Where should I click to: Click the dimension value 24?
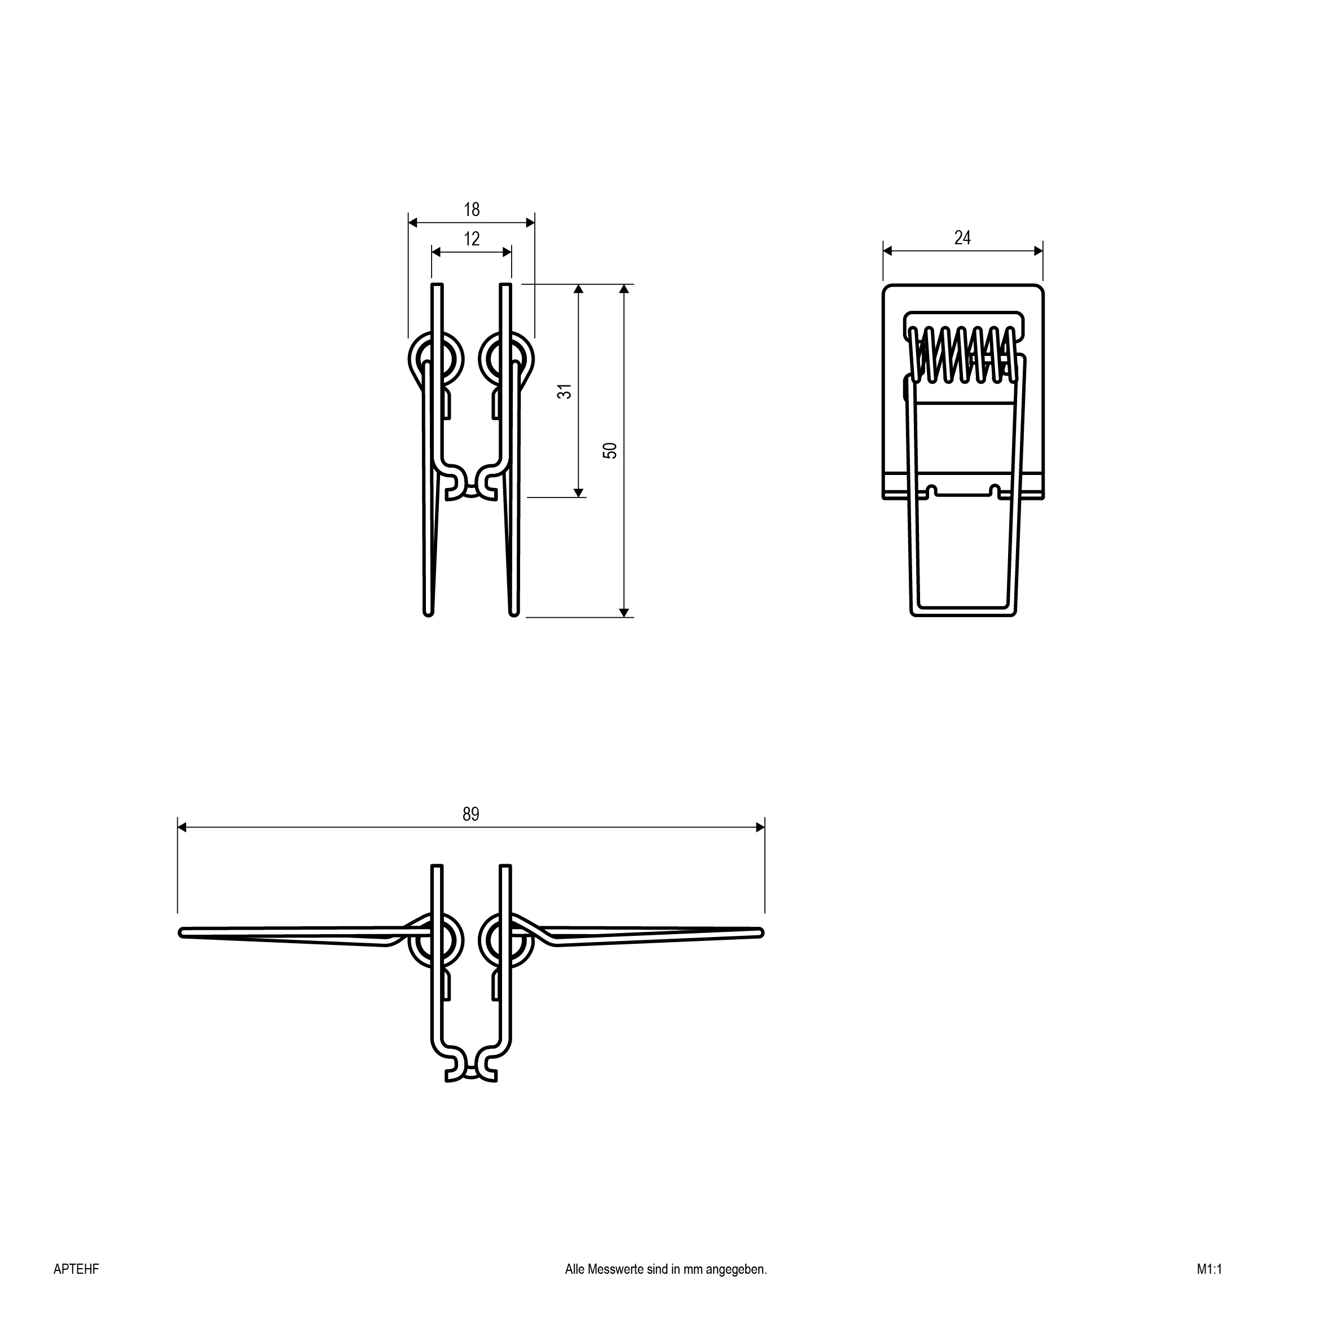pyautogui.click(x=962, y=238)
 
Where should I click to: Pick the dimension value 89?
pyautogui.click(x=470, y=815)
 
